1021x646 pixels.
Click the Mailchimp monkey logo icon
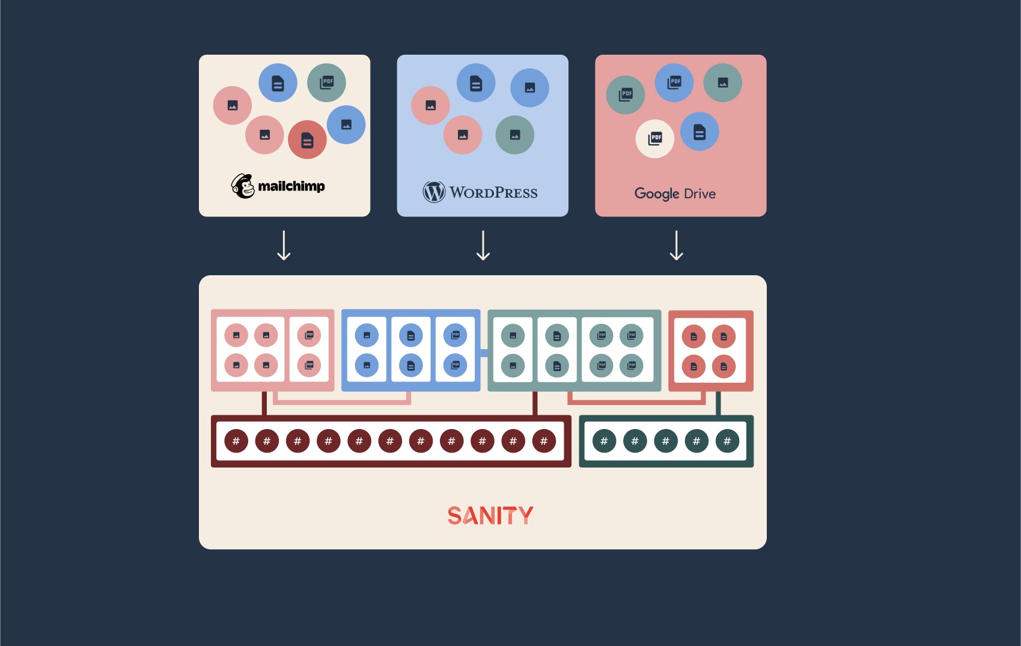tap(243, 186)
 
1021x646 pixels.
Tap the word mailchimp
tap(291, 186)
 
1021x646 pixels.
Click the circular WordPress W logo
tap(434, 192)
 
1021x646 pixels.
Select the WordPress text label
tap(493, 193)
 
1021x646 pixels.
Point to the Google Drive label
tap(675, 193)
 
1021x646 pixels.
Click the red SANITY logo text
tap(490, 516)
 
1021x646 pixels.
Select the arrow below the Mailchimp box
tap(284, 245)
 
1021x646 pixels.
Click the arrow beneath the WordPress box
tap(483, 245)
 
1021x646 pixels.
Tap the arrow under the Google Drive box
tap(677, 245)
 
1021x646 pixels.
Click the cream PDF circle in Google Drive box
tap(654, 139)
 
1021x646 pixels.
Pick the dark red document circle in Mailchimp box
tap(307, 139)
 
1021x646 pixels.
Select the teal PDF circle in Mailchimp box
tap(326, 82)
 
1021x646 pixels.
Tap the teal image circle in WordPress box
tap(514, 135)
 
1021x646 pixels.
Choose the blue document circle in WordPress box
tap(476, 83)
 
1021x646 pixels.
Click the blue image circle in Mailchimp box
tap(346, 124)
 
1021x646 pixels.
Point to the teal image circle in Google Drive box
tap(722, 83)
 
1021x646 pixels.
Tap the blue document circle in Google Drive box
tap(699, 132)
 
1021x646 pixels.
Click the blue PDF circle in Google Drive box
tap(674, 82)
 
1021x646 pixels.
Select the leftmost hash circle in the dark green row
tap(604, 441)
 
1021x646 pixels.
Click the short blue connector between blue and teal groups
tap(484, 352)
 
